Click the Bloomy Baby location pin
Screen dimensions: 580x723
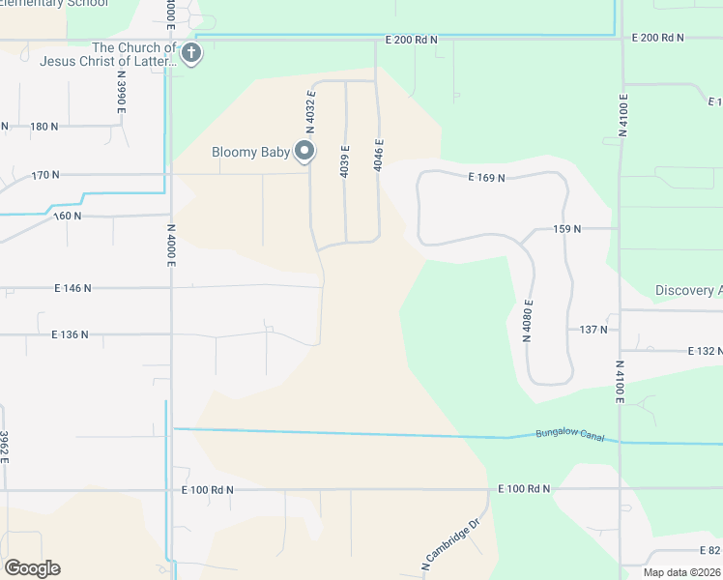coord(305,151)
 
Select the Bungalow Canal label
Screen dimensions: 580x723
coord(569,436)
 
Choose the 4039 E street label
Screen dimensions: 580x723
coord(345,160)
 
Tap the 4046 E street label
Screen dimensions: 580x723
coord(380,157)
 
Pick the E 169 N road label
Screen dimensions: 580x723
coord(487,177)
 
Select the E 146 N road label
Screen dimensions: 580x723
coord(73,288)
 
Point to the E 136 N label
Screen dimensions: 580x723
coord(70,334)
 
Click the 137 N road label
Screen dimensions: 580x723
coord(593,330)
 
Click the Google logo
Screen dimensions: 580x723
coord(32,568)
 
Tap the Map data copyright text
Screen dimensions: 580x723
coord(681,572)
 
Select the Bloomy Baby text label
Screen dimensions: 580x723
coord(251,152)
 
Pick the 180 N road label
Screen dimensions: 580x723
coord(45,127)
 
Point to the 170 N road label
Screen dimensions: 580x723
coord(45,175)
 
